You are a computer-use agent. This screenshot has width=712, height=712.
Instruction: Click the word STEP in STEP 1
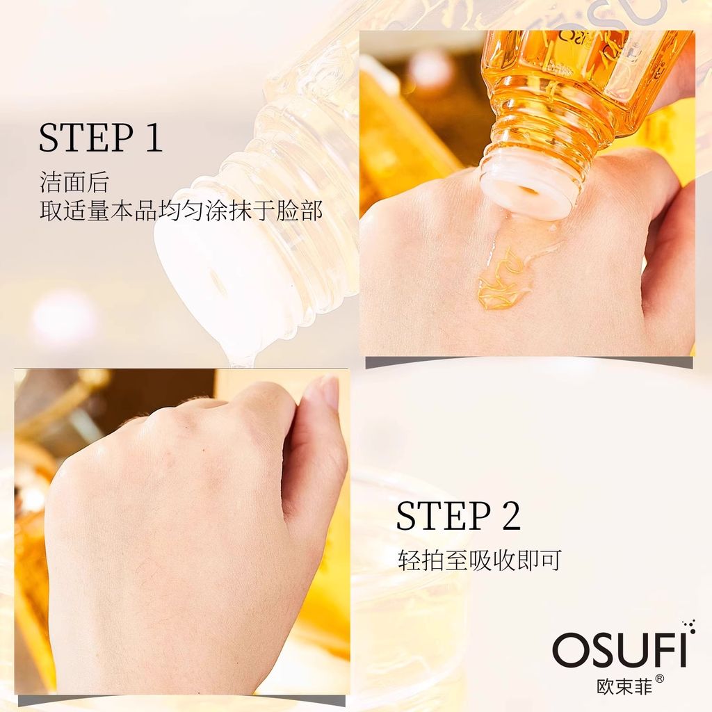pos(86,137)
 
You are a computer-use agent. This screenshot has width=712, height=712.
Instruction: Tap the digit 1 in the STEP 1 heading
pos(154,137)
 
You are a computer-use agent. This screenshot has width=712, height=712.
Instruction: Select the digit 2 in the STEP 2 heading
pos(511,515)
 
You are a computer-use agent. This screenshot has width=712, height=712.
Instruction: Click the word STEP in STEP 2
pos(444,515)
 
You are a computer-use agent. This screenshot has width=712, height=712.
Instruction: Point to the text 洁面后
pos(74,182)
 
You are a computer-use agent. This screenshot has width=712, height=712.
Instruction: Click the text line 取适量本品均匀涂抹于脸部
pos(181,211)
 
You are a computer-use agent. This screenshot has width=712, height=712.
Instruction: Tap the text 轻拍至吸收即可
pos(480,560)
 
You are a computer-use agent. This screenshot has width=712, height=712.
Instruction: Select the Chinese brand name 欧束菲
pos(624,685)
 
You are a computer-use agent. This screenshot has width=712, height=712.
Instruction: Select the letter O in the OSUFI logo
pos(569,650)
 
